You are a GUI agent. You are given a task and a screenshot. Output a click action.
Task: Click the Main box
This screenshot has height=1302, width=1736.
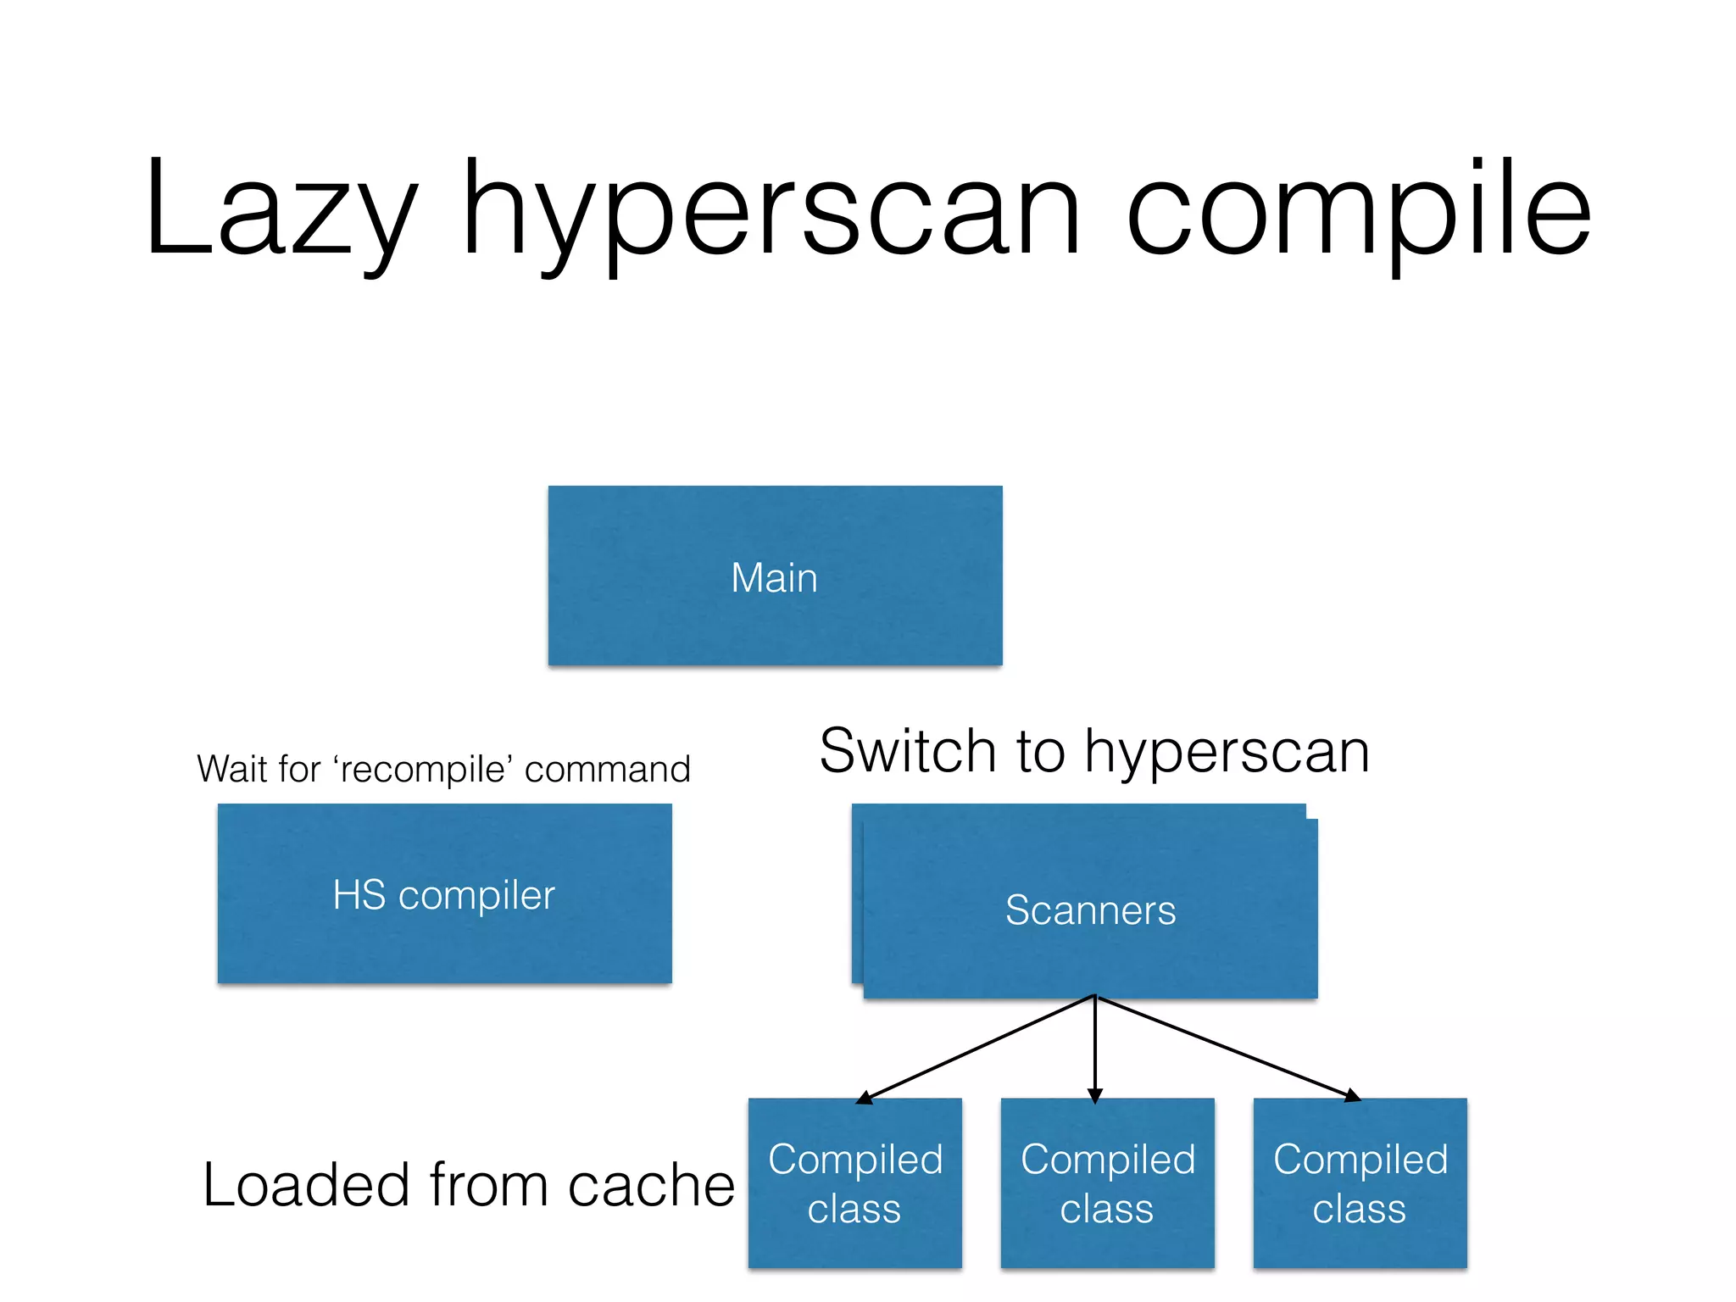[x=775, y=576]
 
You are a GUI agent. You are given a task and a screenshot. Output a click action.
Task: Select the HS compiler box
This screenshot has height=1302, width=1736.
[x=444, y=894]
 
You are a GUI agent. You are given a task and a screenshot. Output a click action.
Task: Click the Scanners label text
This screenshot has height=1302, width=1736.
[x=1090, y=910]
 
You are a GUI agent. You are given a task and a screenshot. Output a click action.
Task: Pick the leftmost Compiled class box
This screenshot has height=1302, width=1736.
[x=854, y=1183]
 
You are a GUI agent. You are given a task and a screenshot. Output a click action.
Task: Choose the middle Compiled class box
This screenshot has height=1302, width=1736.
[x=1107, y=1183]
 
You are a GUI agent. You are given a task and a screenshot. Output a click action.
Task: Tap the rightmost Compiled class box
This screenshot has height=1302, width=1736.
[x=1360, y=1183]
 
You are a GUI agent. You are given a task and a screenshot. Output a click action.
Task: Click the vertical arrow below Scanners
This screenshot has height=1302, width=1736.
[x=1095, y=1051]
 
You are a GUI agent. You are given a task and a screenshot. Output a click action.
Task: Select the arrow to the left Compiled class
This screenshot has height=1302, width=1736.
[x=975, y=1049]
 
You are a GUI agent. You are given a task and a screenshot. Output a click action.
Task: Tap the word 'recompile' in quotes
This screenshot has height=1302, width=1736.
[x=424, y=770]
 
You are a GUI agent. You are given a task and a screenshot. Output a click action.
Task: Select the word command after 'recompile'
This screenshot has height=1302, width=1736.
[x=607, y=770]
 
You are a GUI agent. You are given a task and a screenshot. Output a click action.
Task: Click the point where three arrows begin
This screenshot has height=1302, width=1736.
[x=1095, y=996]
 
